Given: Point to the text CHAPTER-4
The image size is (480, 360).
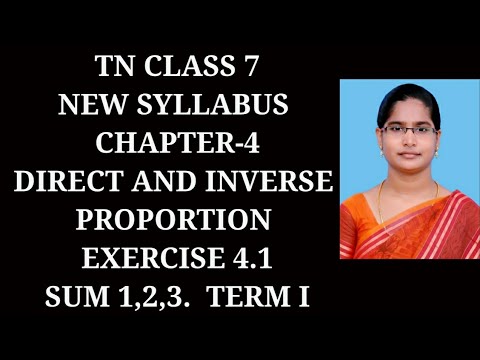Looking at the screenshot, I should [x=176, y=143].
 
